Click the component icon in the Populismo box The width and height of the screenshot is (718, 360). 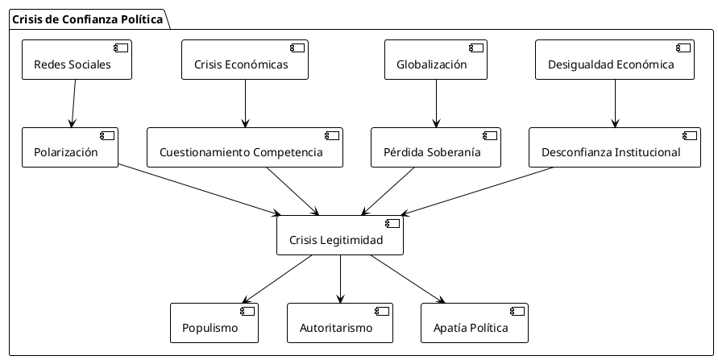pyautogui.click(x=247, y=311)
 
